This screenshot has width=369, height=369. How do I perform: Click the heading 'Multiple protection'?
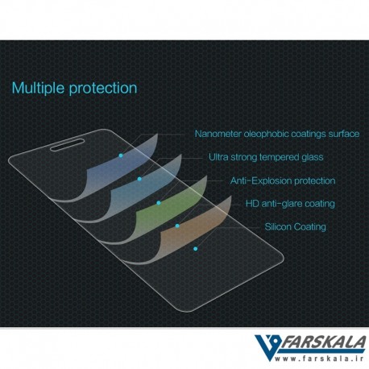coord(74,89)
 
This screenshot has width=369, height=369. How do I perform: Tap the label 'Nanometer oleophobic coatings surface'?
coord(277,134)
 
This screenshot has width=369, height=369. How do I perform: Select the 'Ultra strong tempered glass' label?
coord(266,157)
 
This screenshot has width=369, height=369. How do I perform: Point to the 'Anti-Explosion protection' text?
coord(283,180)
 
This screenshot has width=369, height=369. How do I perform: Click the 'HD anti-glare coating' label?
coord(290,204)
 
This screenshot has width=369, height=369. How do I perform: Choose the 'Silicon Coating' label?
coord(295,227)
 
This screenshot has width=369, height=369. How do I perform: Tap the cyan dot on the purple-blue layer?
coord(121,155)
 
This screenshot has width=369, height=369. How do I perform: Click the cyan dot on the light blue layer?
coord(139,179)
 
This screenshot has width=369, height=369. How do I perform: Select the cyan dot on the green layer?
coord(159,203)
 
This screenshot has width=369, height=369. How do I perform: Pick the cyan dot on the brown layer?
coord(177,226)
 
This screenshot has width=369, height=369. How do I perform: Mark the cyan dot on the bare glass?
coord(196,249)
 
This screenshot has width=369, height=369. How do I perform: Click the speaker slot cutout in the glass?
coord(68,145)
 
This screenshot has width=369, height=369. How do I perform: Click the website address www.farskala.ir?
coord(319,359)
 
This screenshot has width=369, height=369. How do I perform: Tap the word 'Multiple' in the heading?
coord(39,88)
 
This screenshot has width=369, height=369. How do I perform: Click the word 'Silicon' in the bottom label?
coord(278,226)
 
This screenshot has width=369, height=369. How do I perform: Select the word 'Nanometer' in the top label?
coord(218,134)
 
